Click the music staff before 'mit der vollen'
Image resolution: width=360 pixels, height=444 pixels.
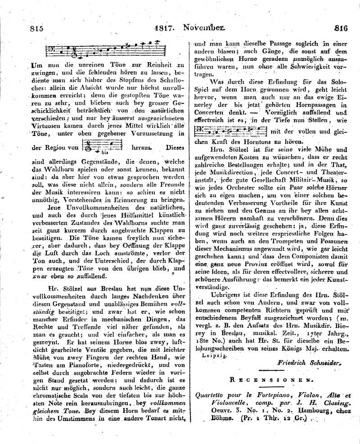(229, 131)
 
